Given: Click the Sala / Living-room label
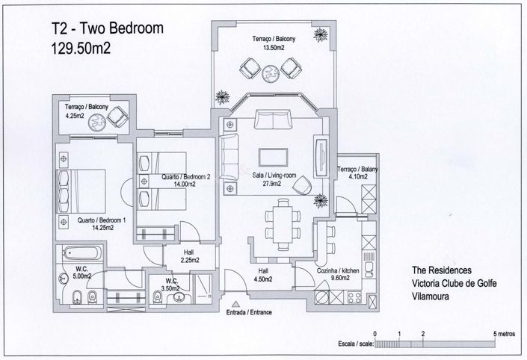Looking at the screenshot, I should click(x=269, y=176).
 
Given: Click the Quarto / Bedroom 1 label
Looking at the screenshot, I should click(x=101, y=223).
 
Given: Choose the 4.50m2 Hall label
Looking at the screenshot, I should click(x=264, y=276).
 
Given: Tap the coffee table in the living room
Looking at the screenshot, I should click(x=271, y=155).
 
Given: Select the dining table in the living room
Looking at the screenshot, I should click(x=283, y=222).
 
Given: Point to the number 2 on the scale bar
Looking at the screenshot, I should click(x=423, y=334).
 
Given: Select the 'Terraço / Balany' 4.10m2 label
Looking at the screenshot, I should click(x=357, y=173).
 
